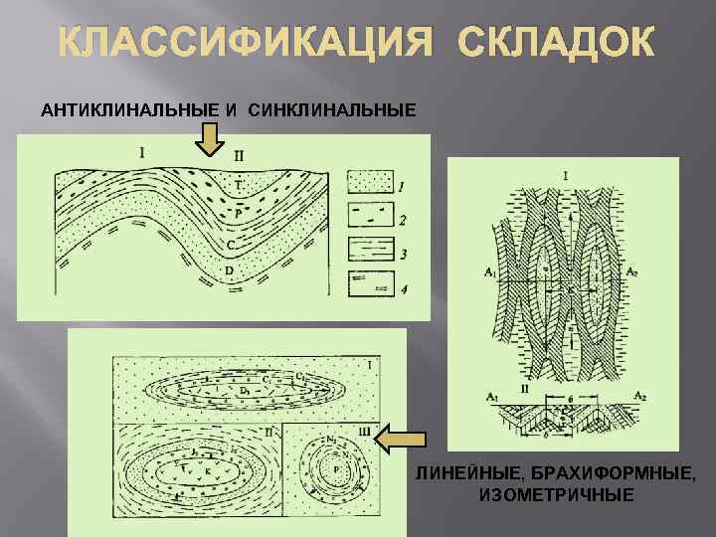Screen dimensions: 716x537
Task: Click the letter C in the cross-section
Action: [x=231, y=244]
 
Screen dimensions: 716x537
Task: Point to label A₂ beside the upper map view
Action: [x=630, y=269]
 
